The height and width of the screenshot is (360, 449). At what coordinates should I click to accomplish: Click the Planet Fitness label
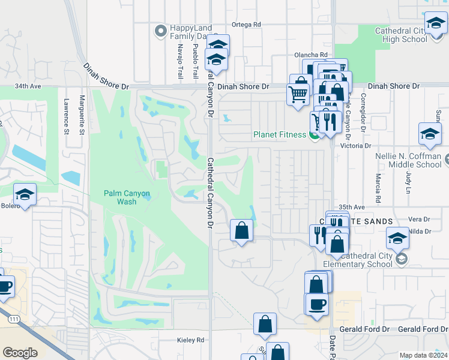click(x=280, y=134)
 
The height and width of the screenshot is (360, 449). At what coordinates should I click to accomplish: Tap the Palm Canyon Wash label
click(x=127, y=197)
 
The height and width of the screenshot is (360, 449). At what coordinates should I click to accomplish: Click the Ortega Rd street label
click(x=247, y=25)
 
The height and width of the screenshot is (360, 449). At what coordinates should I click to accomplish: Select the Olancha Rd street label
click(x=310, y=55)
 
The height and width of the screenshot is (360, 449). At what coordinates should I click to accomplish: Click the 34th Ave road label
click(x=28, y=86)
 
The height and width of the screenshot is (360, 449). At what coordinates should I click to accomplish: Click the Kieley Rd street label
click(x=191, y=340)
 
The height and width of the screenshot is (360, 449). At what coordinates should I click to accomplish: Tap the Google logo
click(x=20, y=353)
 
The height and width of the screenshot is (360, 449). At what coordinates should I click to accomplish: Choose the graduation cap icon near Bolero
click(x=25, y=195)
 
